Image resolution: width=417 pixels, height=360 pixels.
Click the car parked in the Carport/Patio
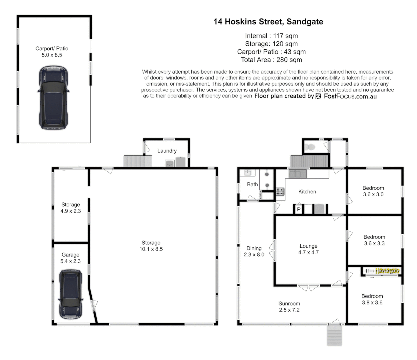(x=53, y=97)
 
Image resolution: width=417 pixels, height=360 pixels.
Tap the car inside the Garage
(x=70, y=294)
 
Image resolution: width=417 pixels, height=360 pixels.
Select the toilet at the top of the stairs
(x=311, y=147)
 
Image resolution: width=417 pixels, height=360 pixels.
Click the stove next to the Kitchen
(x=280, y=191)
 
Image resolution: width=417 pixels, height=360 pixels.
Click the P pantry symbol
(x=299, y=209)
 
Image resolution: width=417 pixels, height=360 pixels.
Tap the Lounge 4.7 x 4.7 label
(x=308, y=249)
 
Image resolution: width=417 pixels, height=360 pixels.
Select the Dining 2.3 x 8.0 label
(x=254, y=251)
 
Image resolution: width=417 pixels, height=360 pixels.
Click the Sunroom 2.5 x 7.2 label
(x=289, y=307)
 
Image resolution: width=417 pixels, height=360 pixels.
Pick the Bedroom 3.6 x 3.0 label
(x=373, y=191)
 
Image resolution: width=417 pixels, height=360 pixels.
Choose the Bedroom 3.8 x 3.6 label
(x=372, y=299)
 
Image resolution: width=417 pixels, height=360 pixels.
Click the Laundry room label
(x=167, y=151)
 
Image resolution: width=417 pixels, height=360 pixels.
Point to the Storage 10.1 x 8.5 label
(x=151, y=246)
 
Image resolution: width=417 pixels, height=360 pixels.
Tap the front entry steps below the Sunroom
(x=334, y=335)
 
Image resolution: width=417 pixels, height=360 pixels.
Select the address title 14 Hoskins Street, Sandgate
(x=268, y=22)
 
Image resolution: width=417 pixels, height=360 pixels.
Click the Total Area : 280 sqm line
(x=271, y=60)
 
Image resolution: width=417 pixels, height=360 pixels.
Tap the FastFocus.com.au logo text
(x=350, y=96)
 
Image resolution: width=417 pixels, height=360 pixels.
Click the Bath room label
(x=252, y=184)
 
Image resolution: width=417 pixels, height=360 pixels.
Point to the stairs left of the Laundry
(x=134, y=161)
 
